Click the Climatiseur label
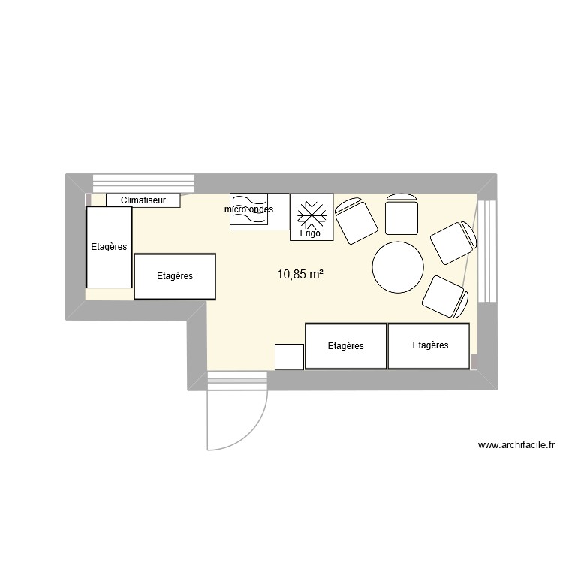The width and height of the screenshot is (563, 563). [143, 200]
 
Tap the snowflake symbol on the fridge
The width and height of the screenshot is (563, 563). [311, 214]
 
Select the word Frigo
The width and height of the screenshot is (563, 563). [311, 233]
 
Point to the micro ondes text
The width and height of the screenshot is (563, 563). [248, 209]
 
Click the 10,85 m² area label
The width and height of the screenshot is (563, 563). [300, 275]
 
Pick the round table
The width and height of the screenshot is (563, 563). [398, 266]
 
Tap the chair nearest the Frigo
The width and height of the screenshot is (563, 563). [355, 221]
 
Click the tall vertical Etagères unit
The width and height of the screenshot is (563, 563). [109, 247]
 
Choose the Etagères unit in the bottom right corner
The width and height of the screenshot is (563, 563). [430, 345]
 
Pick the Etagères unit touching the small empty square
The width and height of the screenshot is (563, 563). [345, 346]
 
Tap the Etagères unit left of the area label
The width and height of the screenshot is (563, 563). [175, 276]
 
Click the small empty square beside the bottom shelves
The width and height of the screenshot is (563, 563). [289, 357]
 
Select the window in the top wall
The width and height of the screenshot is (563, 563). [143, 183]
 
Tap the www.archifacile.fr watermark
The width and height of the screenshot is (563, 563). [516, 445]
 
